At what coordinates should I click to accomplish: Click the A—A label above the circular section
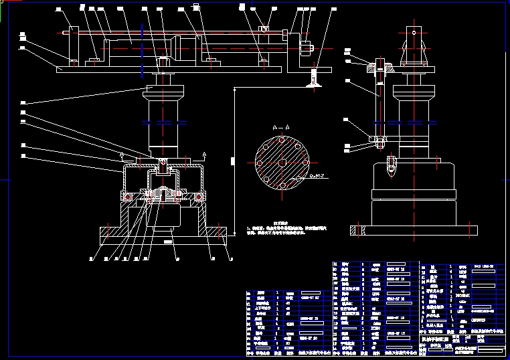281,126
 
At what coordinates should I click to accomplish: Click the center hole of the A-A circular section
282,163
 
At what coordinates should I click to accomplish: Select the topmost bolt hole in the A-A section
282,140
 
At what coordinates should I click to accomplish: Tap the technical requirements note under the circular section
281,228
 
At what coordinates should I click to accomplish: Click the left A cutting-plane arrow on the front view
121,155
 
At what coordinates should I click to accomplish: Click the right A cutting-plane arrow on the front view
203,155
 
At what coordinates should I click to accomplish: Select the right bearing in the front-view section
199,197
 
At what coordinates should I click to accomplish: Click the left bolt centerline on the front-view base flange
106,232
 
